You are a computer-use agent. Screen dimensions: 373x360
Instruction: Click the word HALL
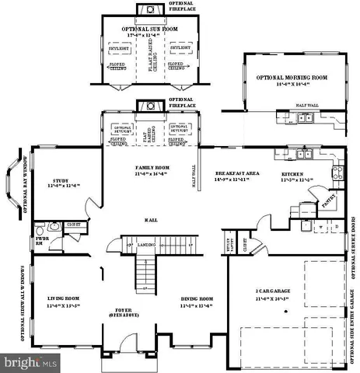[x=151, y=221]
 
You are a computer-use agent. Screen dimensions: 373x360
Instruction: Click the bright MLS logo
[x=32, y=362]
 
